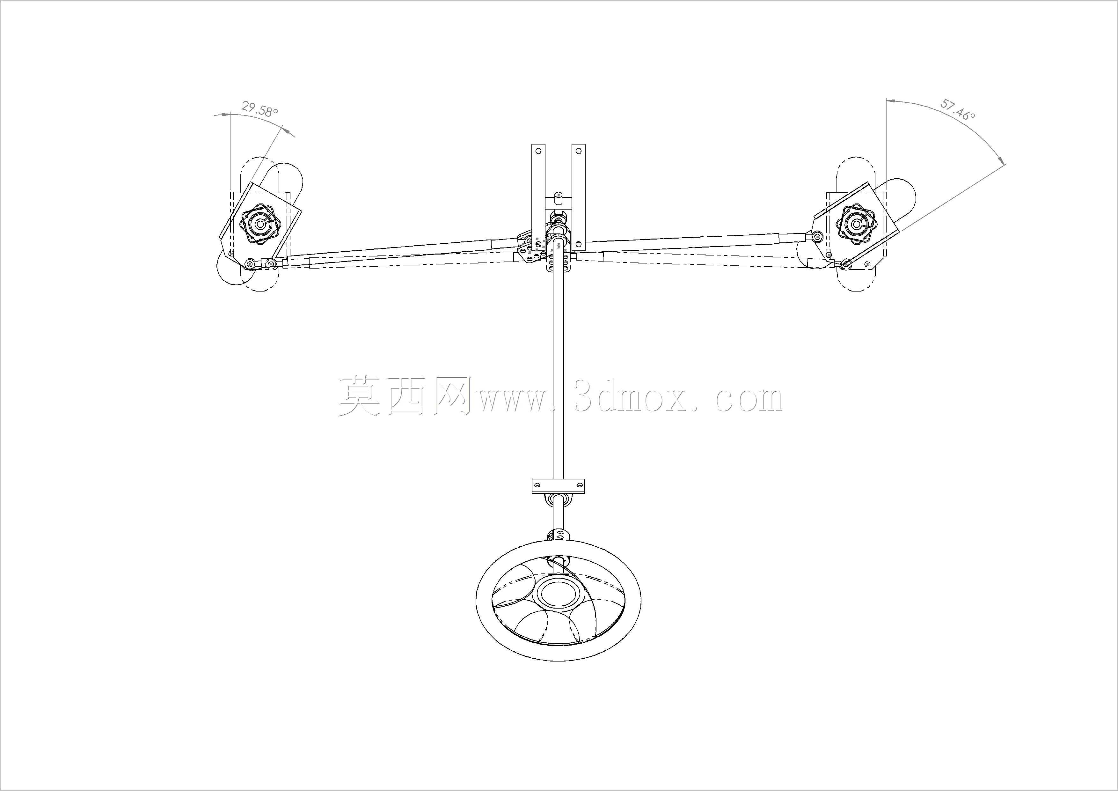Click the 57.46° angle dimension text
pyautogui.click(x=957, y=110)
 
